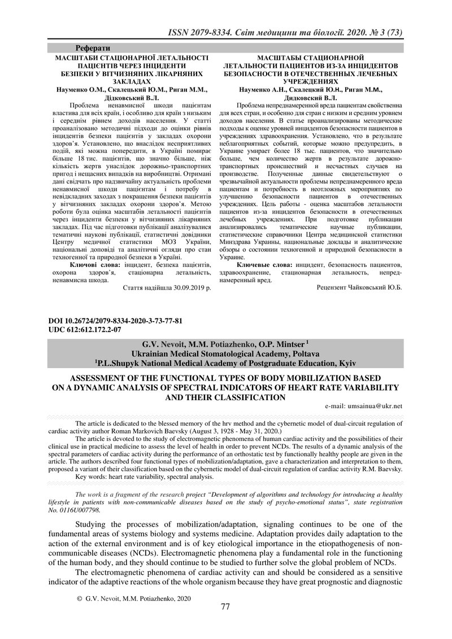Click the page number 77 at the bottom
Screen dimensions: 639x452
click(x=225, y=606)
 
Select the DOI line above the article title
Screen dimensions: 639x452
click(x=117, y=321)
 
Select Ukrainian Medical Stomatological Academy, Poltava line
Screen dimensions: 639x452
click(x=225, y=353)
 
